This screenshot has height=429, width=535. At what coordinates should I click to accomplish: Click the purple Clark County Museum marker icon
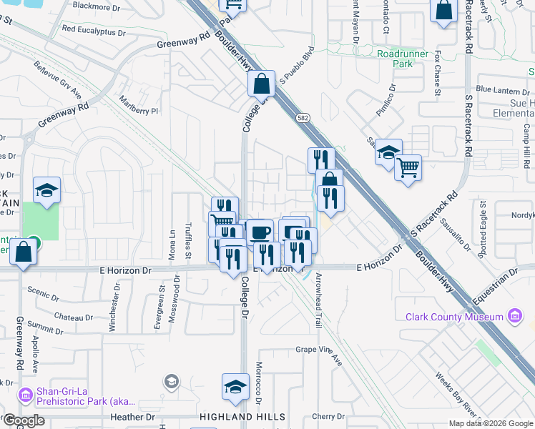tap(514, 316)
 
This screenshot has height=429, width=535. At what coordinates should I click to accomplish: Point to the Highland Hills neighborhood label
tap(242, 417)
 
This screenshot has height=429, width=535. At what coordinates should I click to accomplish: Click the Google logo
tap(24, 420)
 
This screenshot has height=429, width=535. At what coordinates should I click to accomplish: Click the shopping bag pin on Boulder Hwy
tap(262, 84)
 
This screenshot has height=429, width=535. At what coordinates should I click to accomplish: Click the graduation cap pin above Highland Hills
tap(235, 387)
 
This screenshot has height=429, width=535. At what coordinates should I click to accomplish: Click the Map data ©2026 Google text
tap(491, 423)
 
